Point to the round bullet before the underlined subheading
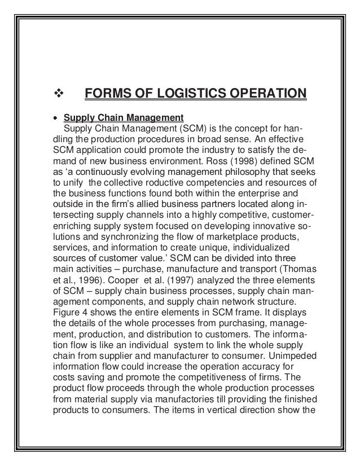pos(55,118)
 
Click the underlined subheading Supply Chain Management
pos(124,118)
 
